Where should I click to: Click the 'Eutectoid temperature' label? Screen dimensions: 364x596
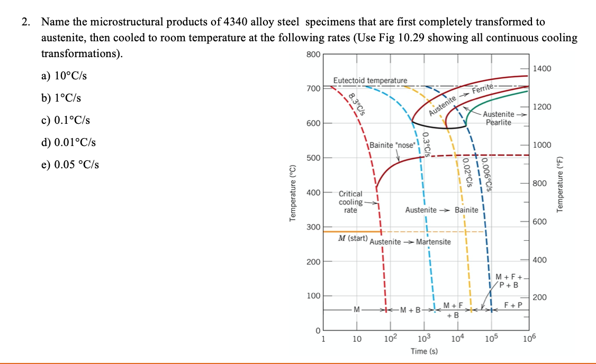tap(371, 80)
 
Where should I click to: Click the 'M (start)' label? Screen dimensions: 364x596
tap(353, 239)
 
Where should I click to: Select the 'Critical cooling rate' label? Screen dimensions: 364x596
tap(350, 202)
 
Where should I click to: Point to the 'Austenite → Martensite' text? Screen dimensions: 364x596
tap(410, 242)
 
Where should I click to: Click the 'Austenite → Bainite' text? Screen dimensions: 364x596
tap(441, 210)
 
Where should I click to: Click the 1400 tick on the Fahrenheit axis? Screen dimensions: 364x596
tap(543, 69)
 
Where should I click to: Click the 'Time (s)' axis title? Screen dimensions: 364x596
tap(424, 351)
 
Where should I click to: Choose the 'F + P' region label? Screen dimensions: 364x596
tap(513, 305)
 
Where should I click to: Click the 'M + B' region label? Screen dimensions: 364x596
tap(410, 310)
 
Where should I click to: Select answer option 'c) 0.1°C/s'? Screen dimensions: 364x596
tap(66, 120)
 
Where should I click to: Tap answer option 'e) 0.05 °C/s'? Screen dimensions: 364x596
tap(68, 164)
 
